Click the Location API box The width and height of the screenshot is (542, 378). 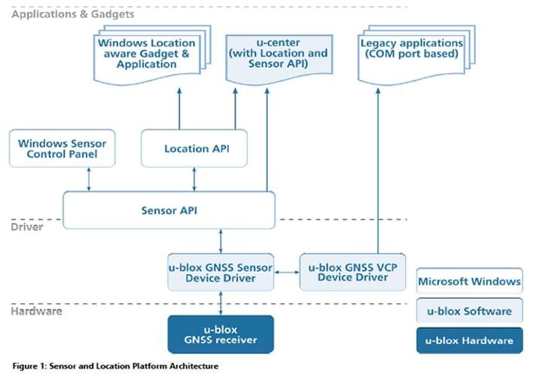[194, 148]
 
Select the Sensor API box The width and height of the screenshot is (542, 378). [169, 210]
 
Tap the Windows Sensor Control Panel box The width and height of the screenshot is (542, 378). [62, 148]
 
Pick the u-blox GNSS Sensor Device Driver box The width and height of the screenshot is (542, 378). [221, 272]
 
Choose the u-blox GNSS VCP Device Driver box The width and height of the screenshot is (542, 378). [352, 272]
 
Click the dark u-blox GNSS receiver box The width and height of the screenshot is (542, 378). [221, 334]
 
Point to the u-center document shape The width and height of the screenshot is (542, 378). [279, 59]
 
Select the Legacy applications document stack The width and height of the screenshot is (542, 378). [416, 55]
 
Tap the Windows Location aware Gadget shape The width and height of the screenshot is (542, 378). [152, 55]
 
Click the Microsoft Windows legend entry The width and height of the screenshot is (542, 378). [470, 281]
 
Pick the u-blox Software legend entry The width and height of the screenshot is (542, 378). [470, 310]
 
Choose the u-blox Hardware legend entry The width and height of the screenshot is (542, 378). [470, 340]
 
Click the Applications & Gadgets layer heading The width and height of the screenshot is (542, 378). [72, 14]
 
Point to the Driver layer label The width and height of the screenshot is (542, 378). [27, 227]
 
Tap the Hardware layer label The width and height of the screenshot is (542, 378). [36, 311]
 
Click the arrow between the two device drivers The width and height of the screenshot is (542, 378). [287, 272]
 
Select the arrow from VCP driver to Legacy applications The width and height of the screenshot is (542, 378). [378, 170]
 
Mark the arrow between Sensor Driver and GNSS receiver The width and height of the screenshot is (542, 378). [221, 303]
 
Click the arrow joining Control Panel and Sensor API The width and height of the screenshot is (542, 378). [89, 179]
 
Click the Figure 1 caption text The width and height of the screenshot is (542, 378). [115, 366]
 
